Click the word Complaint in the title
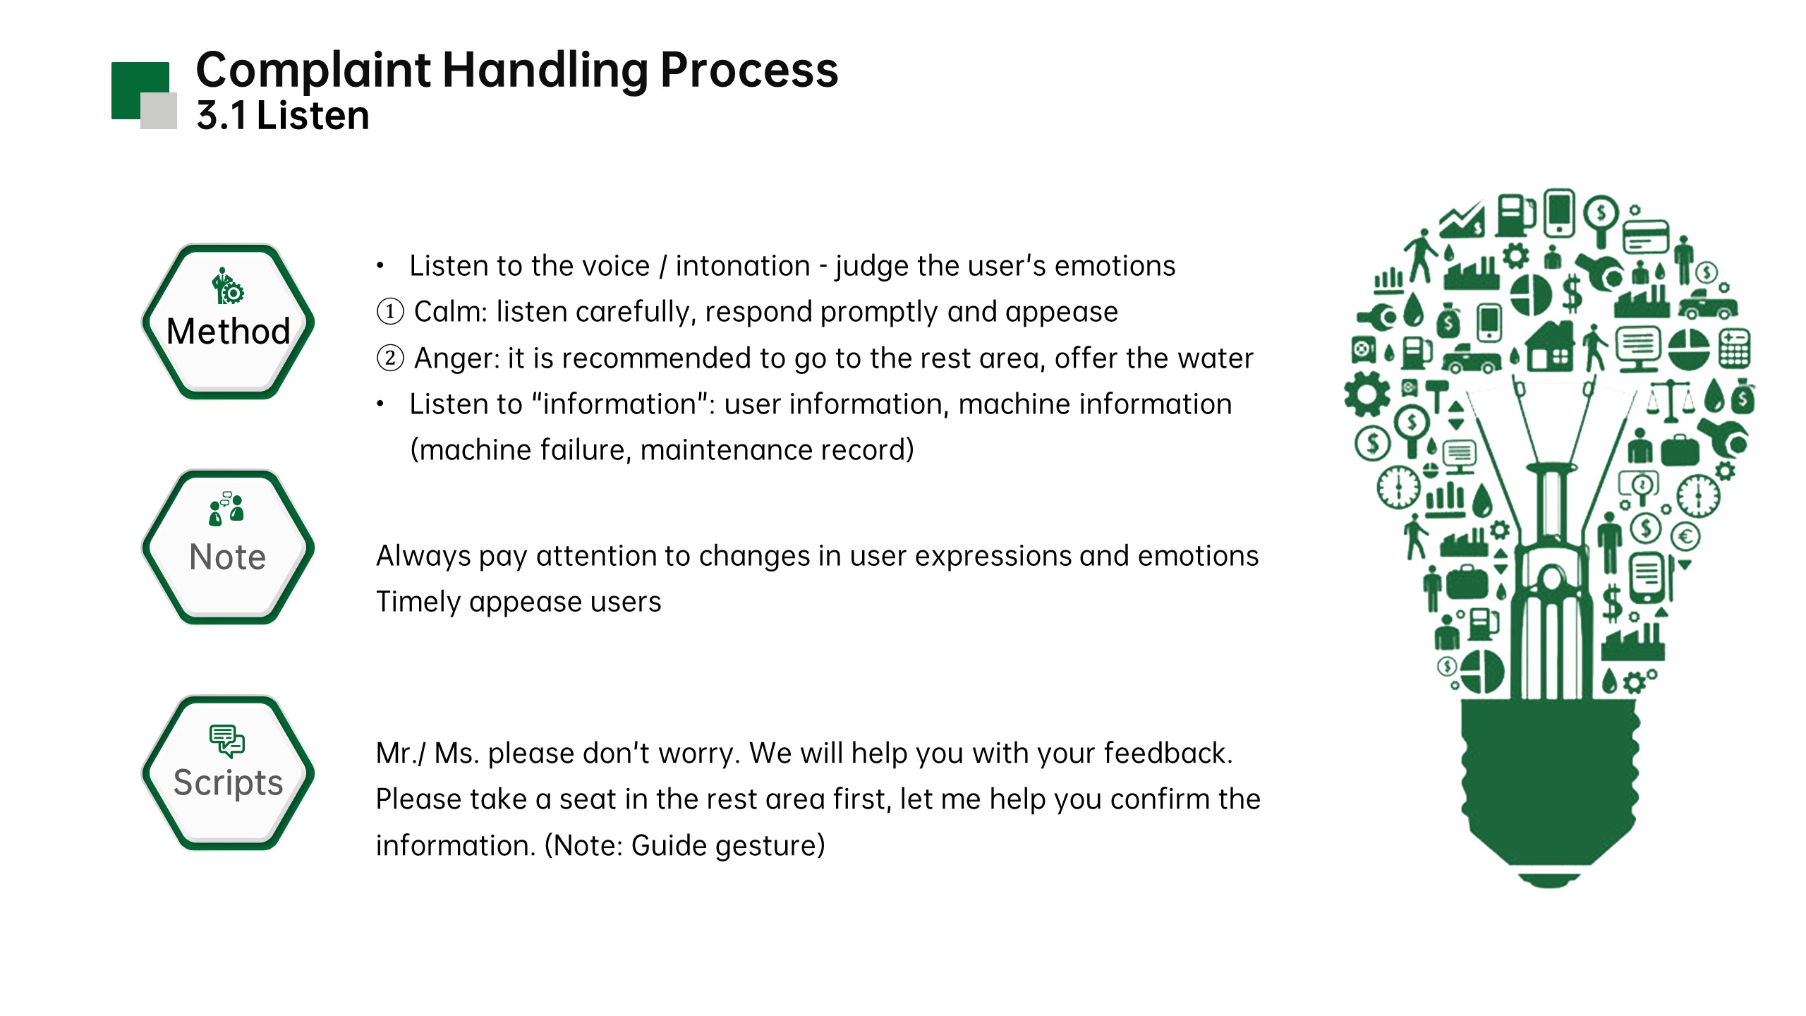click(313, 71)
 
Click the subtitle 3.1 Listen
click(283, 116)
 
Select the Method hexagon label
click(228, 331)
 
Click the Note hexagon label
click(228, 557)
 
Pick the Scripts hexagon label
click(228, 782)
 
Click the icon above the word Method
click(227, 286)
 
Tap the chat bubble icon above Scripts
click(227, 741)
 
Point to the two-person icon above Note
click(226, 509)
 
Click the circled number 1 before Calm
click(390, 311)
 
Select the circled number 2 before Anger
click(390, 358)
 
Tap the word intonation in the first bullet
click(743, 266)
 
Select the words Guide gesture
click(727, 845)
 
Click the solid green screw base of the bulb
click(1549, 783)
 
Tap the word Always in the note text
click(423, 556)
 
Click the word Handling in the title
click(545, 71)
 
